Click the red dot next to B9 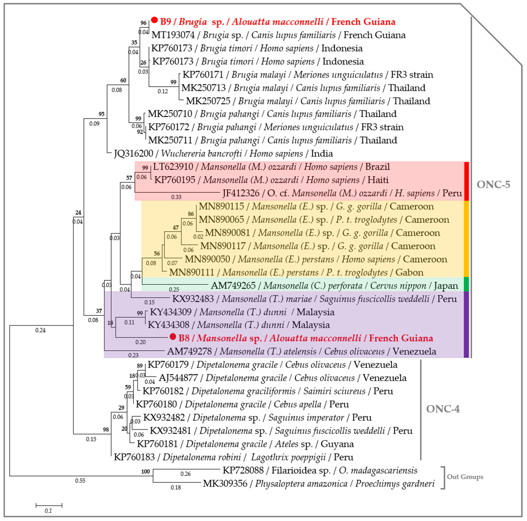(154, 20)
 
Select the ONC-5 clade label (493, 185)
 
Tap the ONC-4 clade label (443, 409)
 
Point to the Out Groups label (465, 477)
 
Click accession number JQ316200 (133, 154)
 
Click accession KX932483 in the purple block (193, 299)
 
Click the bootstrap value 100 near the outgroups (145, 471)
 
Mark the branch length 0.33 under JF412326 (176, 197)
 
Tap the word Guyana (337, 444)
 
